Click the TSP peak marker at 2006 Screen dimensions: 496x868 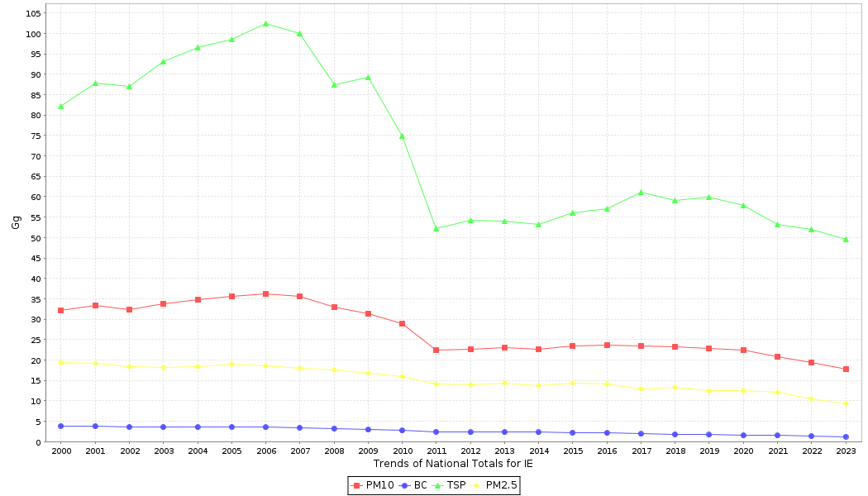click(265, 23)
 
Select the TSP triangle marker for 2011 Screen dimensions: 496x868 click(436, 228)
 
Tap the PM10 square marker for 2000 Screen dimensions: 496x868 click(60, 310)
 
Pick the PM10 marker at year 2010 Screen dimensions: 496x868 click(402, 323)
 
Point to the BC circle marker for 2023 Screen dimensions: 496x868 click(846, 436)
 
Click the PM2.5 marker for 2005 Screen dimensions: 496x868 click(231, 364)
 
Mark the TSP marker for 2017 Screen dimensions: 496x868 click(641, 192)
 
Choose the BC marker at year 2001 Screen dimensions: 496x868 click(95, 426)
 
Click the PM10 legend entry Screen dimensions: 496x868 click(374, 485)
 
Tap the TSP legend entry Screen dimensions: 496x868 click(450, 485)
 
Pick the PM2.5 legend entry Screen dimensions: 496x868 click(494, 485)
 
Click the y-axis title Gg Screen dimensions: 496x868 click(16, 222)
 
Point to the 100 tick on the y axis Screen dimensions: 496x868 click(34, 34)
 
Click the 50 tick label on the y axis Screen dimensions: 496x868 click(36, 238)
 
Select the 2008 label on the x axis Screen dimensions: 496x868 click(334, 451)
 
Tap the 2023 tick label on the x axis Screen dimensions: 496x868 click(846, 451)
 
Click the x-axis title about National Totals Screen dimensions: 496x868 click(453, 464)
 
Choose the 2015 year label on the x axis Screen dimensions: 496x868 click(572, 451)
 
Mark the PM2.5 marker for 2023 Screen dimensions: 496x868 click(846, 403)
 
